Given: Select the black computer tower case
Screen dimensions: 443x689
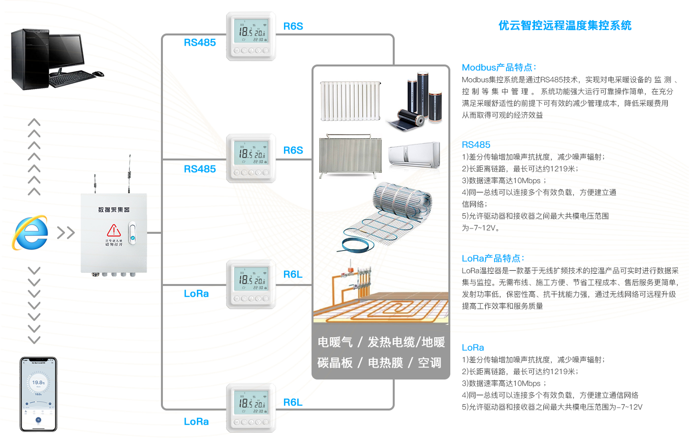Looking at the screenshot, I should pyautogui.click(x=30, y=59).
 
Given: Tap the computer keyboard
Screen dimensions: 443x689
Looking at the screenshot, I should pyautogui.click(x=71, y=78).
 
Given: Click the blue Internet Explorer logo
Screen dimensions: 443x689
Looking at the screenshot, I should pyautogui.click(x=31, y=232).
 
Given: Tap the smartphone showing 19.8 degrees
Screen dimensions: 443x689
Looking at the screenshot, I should pyautogui.click(x=38, y=394).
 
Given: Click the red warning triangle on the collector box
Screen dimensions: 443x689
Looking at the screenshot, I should pyautogui.click(x=114, y=230).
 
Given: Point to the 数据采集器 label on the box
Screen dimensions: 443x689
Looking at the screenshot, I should pyautogui.click(x=114, y=210).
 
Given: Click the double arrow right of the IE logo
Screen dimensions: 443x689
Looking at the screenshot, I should pyautogui.click(x=65, y=232).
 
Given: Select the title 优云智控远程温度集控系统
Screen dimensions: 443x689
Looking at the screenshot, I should pyautogui.click(x=564, y=26).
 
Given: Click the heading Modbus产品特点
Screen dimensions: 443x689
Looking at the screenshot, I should pyautogui.click(x=499, y=67).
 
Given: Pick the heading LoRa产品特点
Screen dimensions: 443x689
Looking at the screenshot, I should pyautogui.click(x=493, y=258).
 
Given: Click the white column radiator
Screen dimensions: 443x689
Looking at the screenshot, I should pyautogui.click(x=350, y=101).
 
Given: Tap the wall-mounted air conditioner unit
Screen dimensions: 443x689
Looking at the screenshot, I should pyautogui.click(x=414, y=155).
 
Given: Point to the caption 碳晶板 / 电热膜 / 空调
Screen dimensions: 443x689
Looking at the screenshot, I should pyautogui.click(x=379, y=363).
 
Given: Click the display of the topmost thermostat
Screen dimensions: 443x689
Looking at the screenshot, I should pyautogui.click(x=251, y=31).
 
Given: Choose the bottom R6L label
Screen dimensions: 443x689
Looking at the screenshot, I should pyautogui.click(x=293, y=403).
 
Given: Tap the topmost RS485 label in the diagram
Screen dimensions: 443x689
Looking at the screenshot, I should pyautogui.click(x=200, y=43).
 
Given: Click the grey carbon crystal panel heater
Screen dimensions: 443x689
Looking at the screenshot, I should pyautogui.click(x=350, y=157).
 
